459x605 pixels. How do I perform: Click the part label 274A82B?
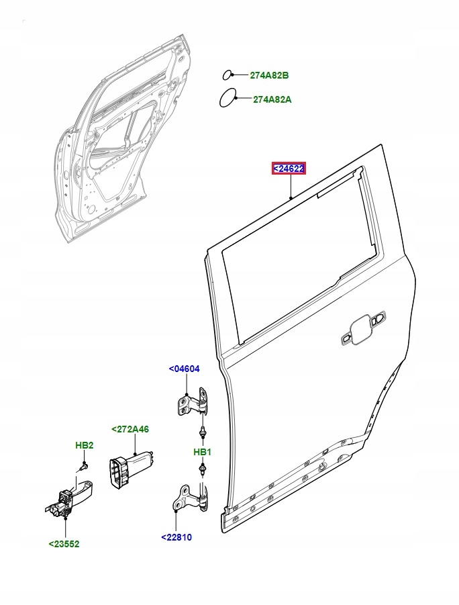[x=269, y=76]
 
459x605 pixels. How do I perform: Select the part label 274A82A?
[x=272, y=99]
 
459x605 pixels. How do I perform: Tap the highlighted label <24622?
[x=289, y=169]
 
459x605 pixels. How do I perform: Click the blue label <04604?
[x=184, y=369]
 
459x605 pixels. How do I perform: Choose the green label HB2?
[x=84, y=445]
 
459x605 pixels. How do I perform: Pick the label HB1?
[x=203, y=452]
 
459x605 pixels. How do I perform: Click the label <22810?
[x=176, y=537]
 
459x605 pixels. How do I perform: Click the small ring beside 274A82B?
[x=228, y=75]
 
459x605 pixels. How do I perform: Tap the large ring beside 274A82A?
[x=229, y=98]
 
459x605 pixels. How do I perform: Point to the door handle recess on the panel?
[x=363, y=328]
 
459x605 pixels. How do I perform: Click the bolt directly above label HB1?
[x=202, y=432]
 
